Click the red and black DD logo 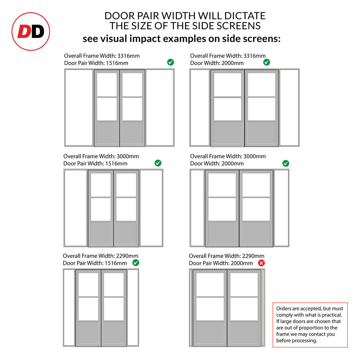point(31,31)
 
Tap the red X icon point(261,263)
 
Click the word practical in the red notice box point(332,315)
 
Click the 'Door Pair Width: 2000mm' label point(221,263)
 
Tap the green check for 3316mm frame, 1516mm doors point(171,62)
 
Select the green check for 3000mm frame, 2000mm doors point(285,163)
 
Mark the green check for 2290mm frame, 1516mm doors point(136,263)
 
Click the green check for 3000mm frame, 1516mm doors point(158,163)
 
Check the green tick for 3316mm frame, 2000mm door point(266,62)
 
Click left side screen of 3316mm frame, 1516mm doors point(79,108)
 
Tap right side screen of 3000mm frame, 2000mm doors point(282,208)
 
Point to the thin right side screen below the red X point(263,308)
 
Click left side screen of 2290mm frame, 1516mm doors point(69,308)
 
